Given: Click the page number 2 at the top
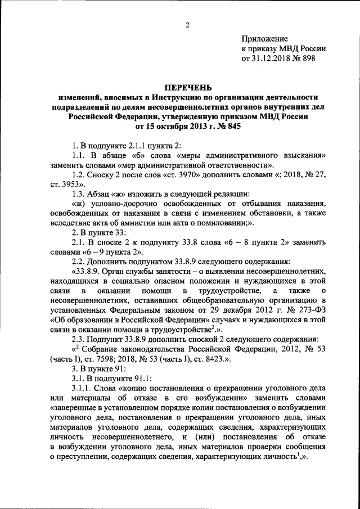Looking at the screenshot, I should pyautogui.click(x=188, y=25).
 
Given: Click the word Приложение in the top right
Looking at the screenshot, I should pyautogui.click(x=264, y=38).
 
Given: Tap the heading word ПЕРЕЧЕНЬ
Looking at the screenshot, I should pyautogui.click(x=187, y=87).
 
